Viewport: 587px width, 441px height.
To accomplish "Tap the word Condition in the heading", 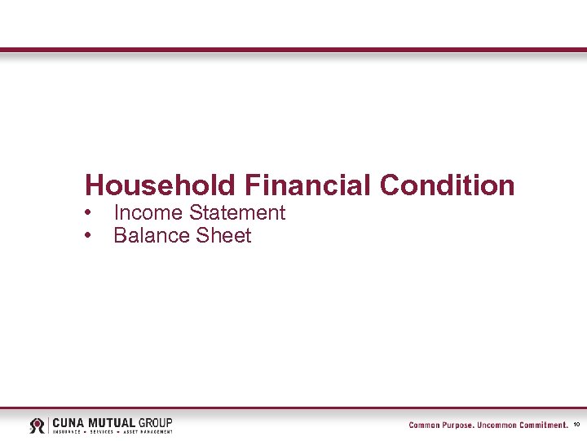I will point(447,185).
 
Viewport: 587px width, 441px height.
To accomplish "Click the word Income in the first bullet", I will point(148,213).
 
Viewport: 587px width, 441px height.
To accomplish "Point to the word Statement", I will point(237,213).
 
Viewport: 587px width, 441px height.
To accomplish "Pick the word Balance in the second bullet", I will point(152,236).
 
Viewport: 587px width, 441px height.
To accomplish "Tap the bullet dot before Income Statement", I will point(87,213).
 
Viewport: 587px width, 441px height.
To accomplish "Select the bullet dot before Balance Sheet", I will point(87,236).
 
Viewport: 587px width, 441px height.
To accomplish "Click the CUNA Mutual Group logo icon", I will point(38,425).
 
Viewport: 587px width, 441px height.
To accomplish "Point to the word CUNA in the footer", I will point(70,422).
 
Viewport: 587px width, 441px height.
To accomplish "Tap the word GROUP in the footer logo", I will point(155,422).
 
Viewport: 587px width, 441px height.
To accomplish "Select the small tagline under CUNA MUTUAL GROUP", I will point(113,431).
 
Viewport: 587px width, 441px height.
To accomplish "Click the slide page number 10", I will point(577,425).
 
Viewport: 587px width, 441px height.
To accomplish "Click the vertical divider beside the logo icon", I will point(50,425).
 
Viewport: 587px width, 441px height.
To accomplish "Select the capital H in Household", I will point(94,185).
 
